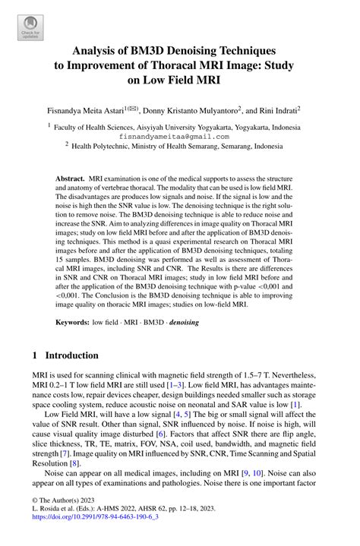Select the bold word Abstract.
[73, 177]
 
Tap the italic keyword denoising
[193, 323]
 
